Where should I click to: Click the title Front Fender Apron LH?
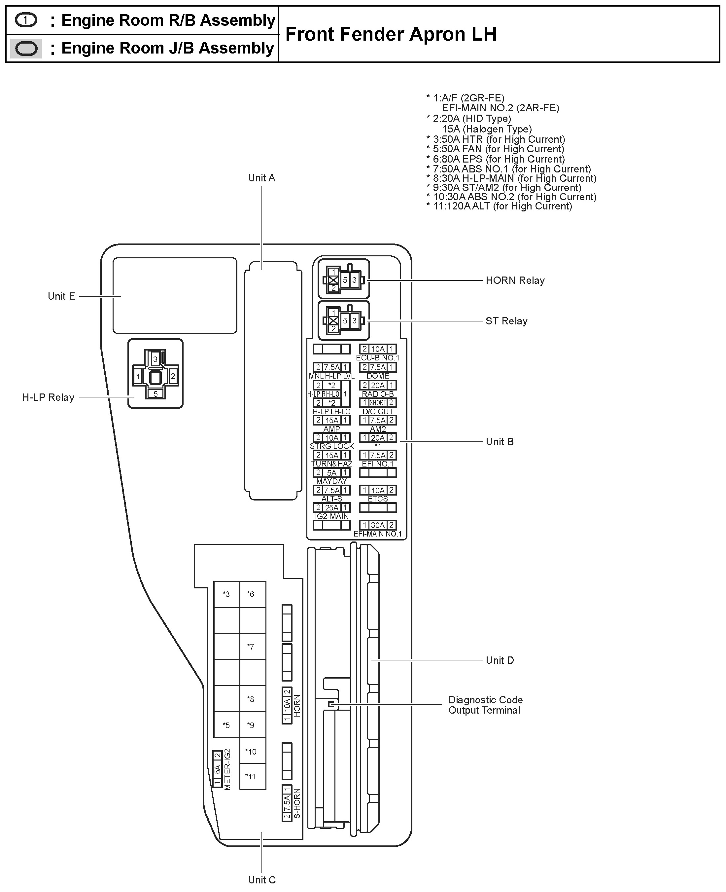(x=391, y=34)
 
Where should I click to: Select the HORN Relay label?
(x=515, y=280)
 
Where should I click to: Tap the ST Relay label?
(x=506, y=321)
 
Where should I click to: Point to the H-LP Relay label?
(x=48, y=397)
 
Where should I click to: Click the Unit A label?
(x=261, y=178)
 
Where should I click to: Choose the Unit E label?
(x=61, y=296)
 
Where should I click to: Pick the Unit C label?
(x=262, y=880)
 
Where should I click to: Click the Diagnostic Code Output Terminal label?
(x=485, y=705)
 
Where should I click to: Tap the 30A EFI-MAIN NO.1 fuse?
(x=378, y=525)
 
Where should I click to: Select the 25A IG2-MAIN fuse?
(x=331, y=507)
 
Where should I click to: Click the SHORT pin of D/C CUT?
(x=378, y=402)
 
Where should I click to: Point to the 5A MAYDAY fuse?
(x=331, y=473)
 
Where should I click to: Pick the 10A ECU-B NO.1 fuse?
(x=378, y=349)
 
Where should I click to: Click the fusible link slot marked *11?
(x=251, y=776)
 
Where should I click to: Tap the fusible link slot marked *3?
(x=226, y=594)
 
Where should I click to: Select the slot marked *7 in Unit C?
(x=251, y=647)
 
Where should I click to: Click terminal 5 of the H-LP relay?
(x=156, y=394)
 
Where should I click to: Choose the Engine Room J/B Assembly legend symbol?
(x=26, y=49)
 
